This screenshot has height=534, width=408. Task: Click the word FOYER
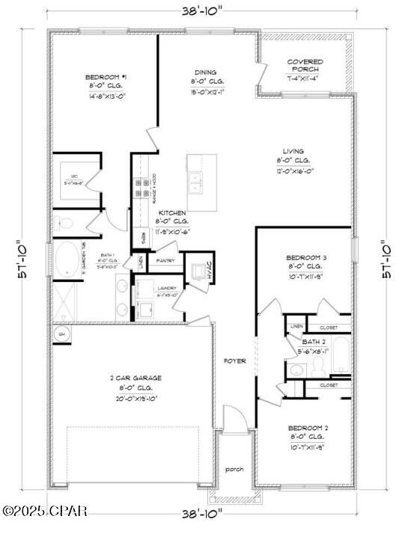pos(235,361)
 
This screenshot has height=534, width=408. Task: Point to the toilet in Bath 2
pos(317,366)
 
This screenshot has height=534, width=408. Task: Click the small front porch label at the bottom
pos(235,470)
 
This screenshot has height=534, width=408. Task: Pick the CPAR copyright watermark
pos(45,512)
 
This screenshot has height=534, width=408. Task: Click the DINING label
pos(205,73)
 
